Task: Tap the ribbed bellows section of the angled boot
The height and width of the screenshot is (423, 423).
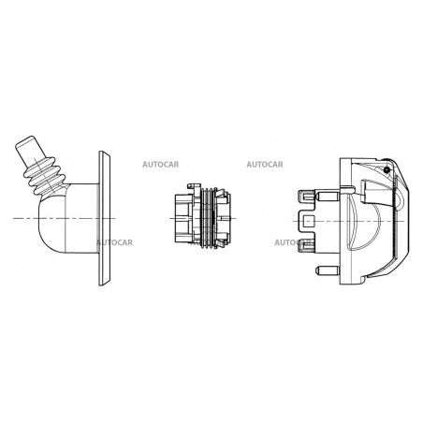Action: [x=46, y=176]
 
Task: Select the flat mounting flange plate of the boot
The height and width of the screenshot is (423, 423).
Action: [x=104, y=218]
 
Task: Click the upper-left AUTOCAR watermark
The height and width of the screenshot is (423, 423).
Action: [x=161, y=165]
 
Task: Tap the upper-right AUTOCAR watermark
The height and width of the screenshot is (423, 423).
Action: [x=265, y=165]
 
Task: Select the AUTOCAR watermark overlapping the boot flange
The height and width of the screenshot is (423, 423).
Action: [x=114, y=242]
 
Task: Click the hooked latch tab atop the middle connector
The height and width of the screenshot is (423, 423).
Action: [x=194, y=186]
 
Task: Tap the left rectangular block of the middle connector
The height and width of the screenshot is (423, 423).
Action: [x=183, y=218]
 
